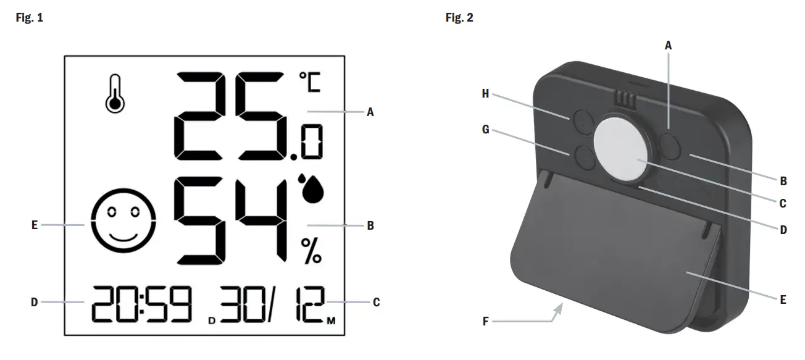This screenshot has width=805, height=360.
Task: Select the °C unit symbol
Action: pyautogui.click(x=310, y=82)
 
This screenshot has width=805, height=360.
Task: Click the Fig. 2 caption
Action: pyautogui.click(x=459, y=17)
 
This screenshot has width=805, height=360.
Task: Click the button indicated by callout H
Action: pyautogui.click(x=581, y=120)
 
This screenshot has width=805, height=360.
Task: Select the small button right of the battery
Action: pyautogui.click(x=668, y=141)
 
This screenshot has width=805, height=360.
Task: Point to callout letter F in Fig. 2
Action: pyautogui.click(x=485, y=321)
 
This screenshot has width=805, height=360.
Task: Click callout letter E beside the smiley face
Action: pyautogui.click(x=35, y=226)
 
